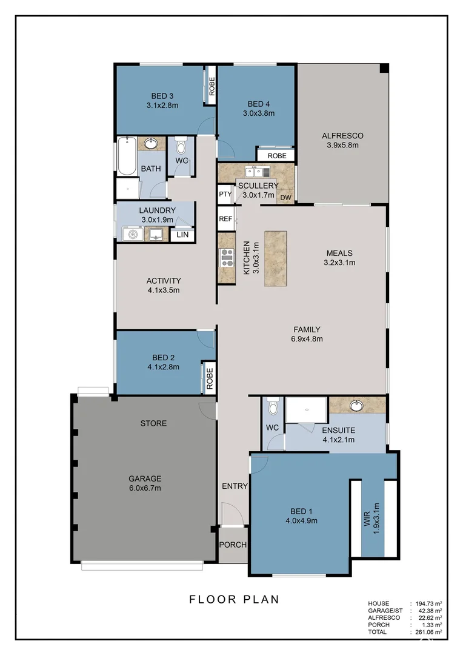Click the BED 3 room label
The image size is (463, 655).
click(x=163, y=96)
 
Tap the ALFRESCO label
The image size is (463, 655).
click(x=342, y=136)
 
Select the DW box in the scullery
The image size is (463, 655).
click(x=286, y=197)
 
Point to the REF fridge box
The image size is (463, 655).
click(x=225, y=219)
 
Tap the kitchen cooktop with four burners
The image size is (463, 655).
click(x=227, y=258)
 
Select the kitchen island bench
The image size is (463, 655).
click(x=276, y=259)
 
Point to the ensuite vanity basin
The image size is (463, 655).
click(x=356, y=405)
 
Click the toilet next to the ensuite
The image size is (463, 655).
click(x=273, y=408)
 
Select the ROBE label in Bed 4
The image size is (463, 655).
click(x=276, y=156)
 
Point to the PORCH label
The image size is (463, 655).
click(x=233, y=545)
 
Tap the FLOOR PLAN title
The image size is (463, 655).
click(x=234, y=599)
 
